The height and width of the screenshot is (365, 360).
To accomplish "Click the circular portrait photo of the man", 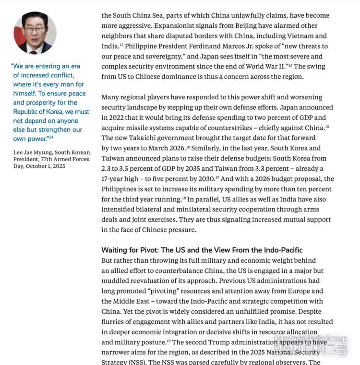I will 35,33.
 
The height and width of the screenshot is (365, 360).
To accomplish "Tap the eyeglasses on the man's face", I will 35,29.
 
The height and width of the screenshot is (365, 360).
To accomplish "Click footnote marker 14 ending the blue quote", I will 50,137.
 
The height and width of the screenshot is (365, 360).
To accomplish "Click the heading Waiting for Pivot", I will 130,250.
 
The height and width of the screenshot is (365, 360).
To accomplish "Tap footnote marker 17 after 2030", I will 217,177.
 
